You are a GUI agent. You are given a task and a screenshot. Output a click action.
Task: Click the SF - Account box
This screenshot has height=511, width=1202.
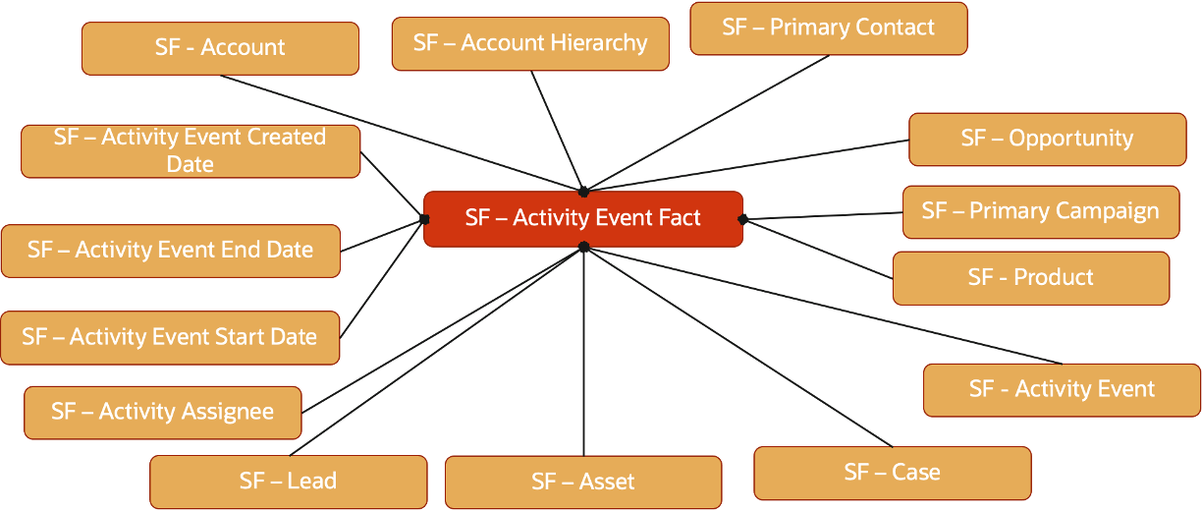[220, 48]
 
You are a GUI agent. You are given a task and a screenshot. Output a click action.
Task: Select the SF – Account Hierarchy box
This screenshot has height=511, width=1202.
[530, 43]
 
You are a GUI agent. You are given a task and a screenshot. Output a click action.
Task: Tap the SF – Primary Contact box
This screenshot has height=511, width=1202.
[828, 28]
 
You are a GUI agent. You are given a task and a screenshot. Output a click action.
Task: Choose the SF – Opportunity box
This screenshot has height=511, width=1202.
[1047, 139]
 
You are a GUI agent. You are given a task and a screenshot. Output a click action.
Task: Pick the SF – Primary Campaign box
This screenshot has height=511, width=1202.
[1040, 211]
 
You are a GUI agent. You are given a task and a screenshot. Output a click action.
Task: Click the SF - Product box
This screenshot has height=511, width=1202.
[1030, 278]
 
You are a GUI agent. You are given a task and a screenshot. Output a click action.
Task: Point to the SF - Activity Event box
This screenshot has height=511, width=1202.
[1061, 389]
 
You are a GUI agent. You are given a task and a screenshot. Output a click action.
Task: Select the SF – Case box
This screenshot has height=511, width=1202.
[892, 473]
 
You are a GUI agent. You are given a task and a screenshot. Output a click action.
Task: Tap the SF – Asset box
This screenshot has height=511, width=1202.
[582, 482]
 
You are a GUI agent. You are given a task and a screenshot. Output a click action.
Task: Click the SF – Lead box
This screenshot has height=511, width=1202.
[288, 482]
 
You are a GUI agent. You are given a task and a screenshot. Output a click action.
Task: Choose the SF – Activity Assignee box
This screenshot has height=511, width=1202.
[162, 412]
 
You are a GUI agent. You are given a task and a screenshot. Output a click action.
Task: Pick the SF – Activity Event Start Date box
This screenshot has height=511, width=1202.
[170, 338]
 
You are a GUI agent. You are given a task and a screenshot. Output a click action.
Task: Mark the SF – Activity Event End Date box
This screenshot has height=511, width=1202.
[170, 251]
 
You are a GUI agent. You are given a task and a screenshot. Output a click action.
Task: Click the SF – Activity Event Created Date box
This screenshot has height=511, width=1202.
[190, 150]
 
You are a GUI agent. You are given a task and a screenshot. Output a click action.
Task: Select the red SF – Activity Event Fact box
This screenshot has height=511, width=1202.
[582, 218]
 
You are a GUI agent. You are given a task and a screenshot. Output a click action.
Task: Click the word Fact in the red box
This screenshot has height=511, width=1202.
[680, 218]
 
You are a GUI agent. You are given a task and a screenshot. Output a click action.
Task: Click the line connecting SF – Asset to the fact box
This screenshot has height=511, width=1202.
[583, 354]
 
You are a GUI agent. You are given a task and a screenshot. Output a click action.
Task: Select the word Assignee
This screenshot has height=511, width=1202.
[226, 412]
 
